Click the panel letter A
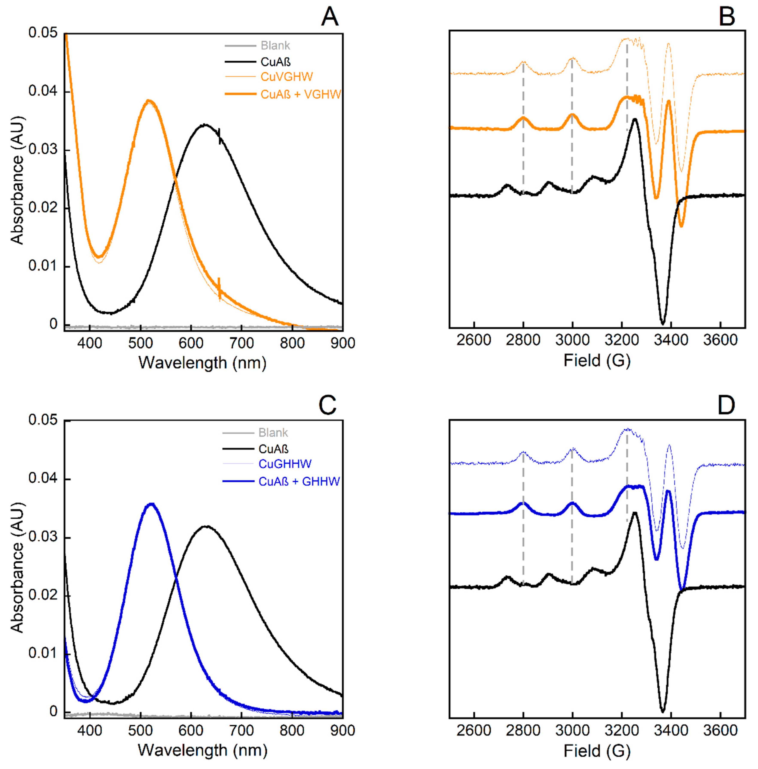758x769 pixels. click(330, 18)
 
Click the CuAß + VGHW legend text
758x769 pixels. click(301, 94)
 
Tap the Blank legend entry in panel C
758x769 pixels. click(273, 433)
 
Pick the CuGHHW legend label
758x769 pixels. click(285, 464)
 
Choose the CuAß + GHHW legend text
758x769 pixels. click(299, 482)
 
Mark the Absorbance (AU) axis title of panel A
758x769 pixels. click(17, 180)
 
